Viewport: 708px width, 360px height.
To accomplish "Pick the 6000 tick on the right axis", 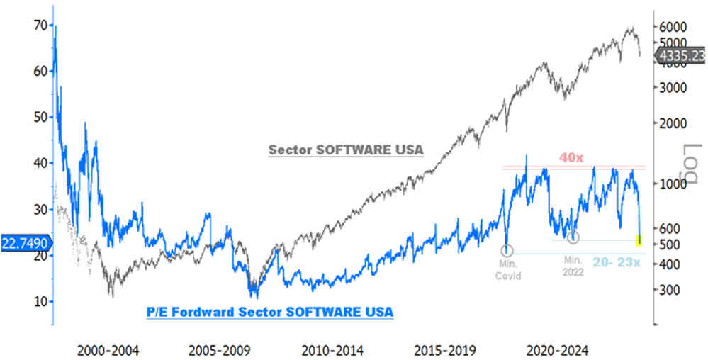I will (673, 26).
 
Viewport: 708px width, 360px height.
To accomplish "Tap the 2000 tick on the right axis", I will (673, 123).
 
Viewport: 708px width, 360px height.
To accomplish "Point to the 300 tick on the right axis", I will (670, 290).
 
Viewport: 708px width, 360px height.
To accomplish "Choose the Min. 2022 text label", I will (571, 266).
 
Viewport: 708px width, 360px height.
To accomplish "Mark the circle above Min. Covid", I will (507, 251).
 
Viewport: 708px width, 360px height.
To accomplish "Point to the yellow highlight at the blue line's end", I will (640, 241).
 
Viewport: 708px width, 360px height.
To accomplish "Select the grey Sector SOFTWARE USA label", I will (345, 150).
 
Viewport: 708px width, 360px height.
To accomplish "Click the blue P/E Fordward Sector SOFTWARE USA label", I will (269, 312).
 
